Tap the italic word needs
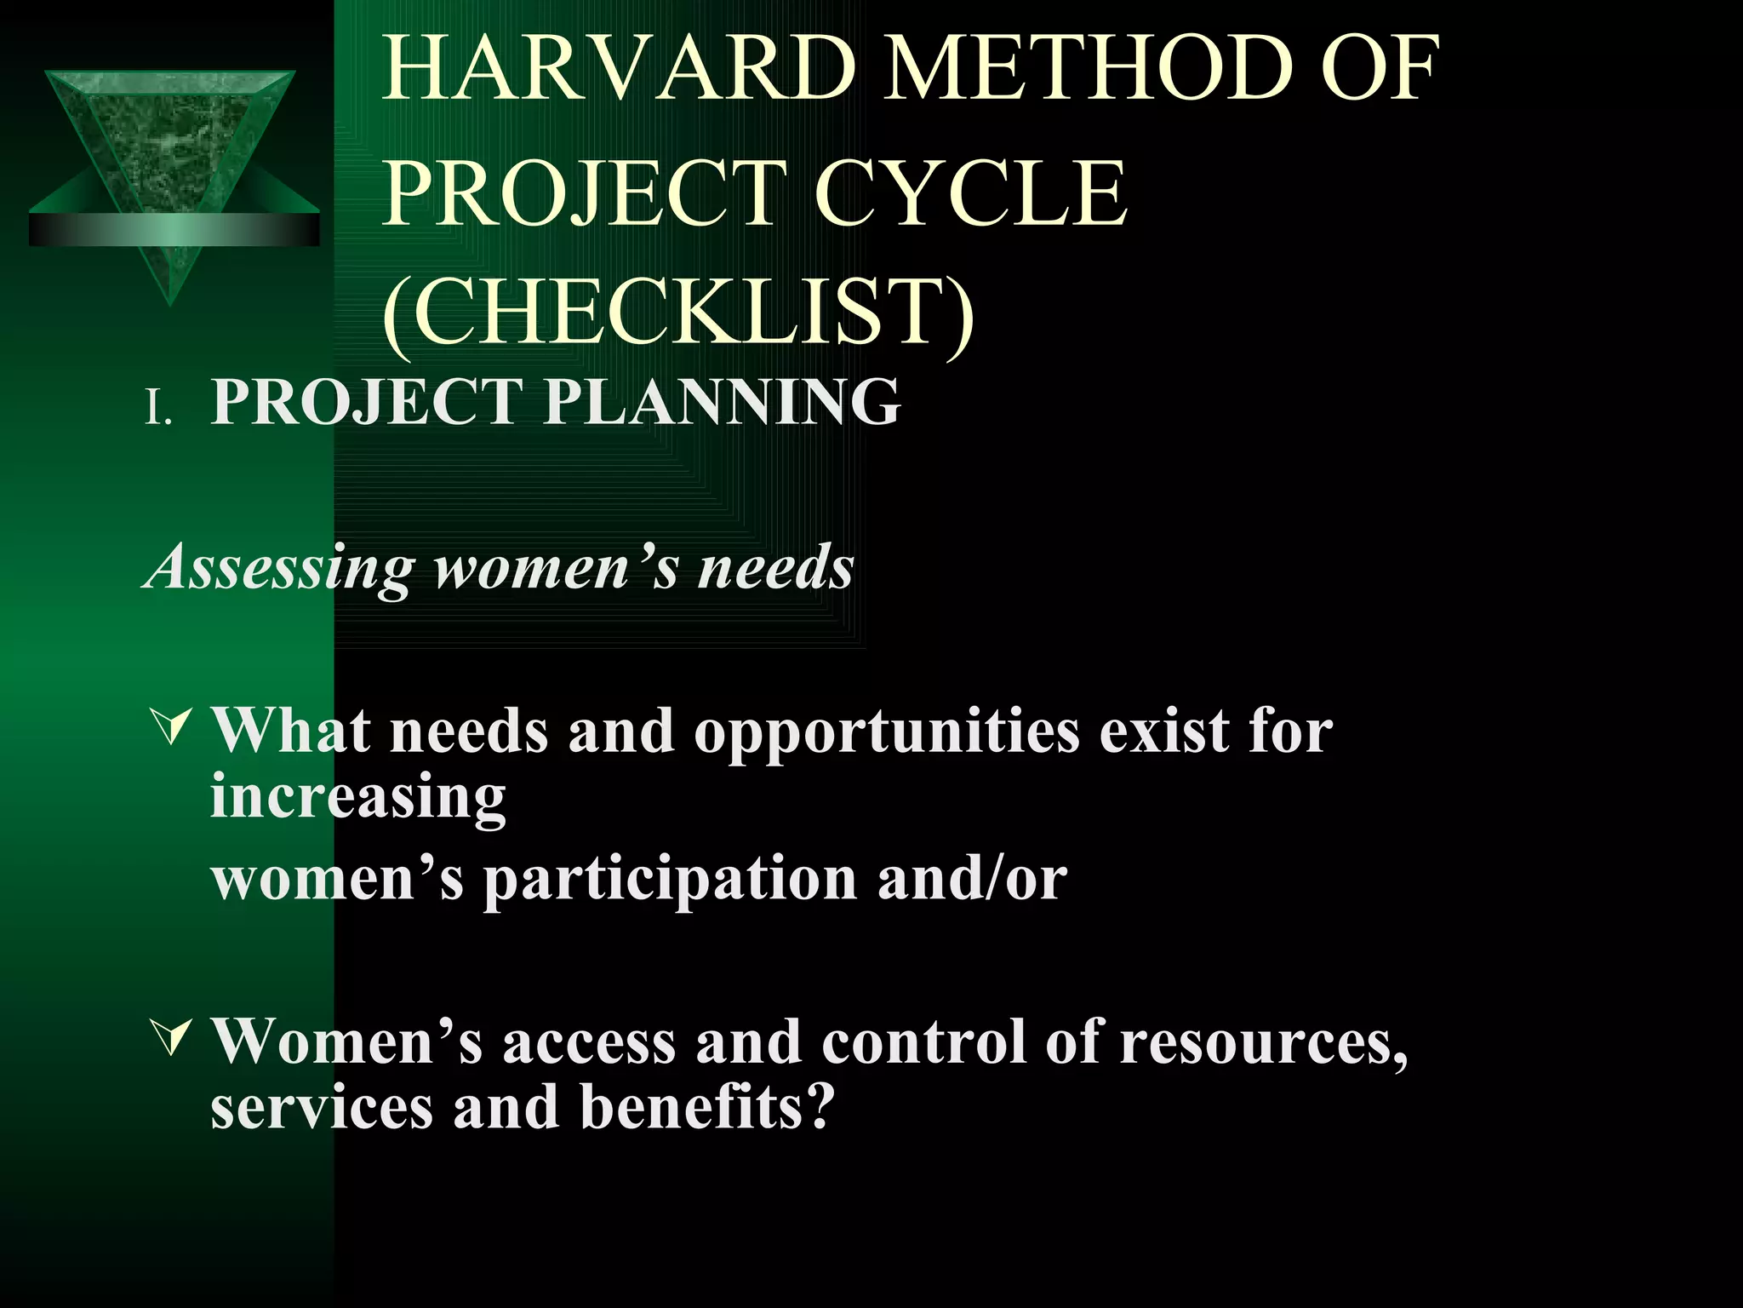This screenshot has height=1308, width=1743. tap(775, 568)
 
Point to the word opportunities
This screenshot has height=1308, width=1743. tap(886, 732)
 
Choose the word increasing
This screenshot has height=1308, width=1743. tap(358, 796)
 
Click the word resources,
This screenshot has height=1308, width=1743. tap(1263, 1042)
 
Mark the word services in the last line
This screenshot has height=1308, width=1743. tap(322, 1107)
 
